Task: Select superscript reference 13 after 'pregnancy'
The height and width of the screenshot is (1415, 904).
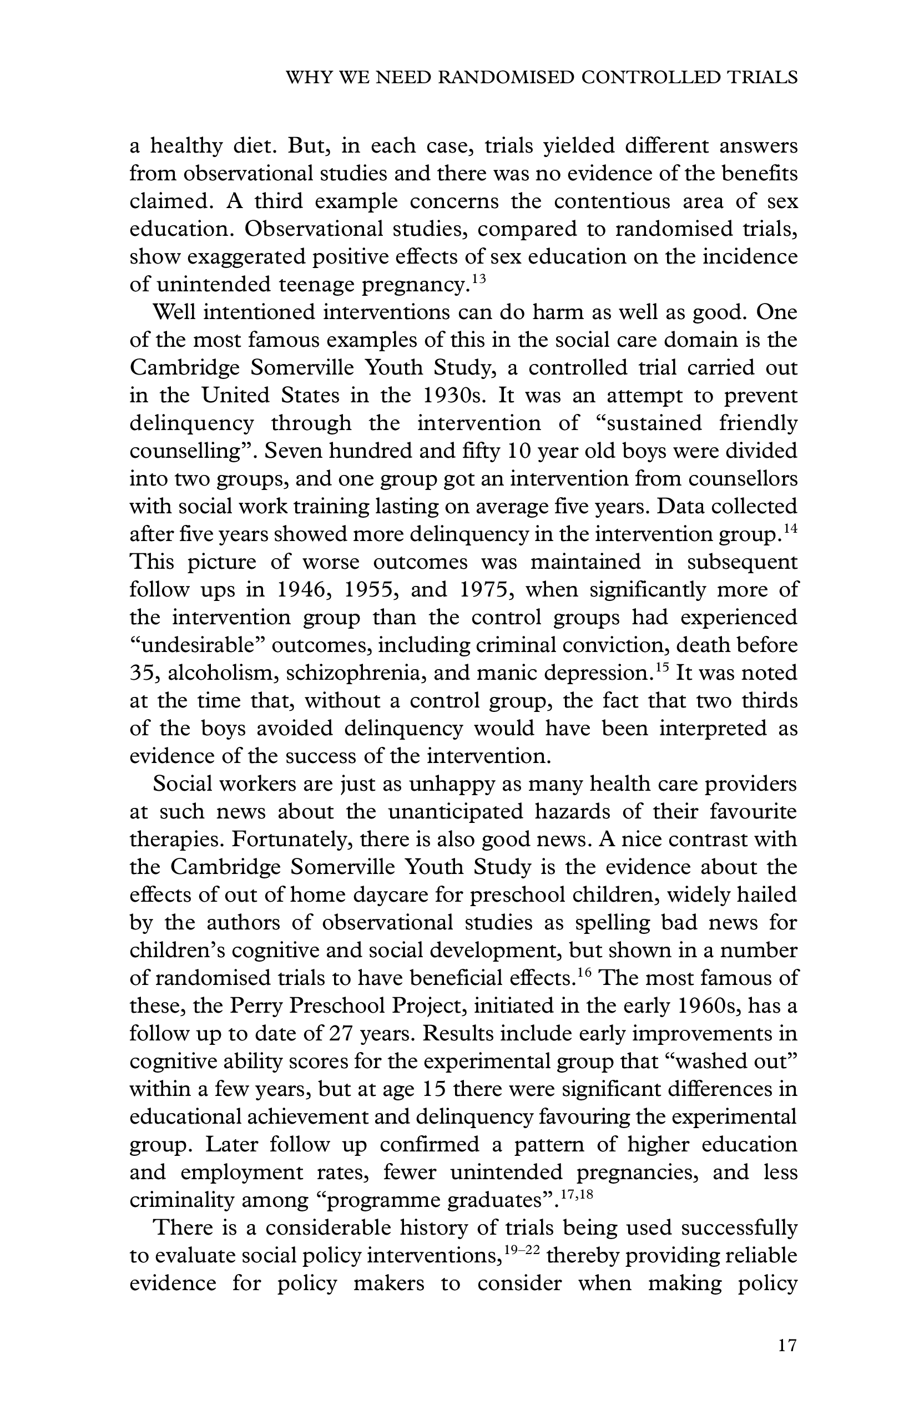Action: coord(479,278)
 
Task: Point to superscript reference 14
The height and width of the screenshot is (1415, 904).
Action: coord(791,528)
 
